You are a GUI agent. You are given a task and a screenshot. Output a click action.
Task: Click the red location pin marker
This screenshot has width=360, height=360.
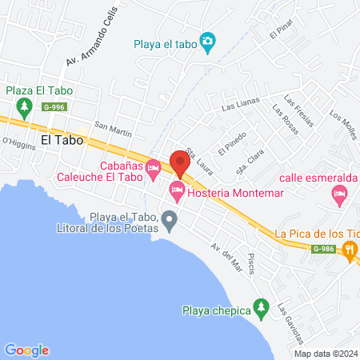coord(178,163)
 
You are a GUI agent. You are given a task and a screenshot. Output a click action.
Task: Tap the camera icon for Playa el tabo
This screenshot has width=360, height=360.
coord(208,41)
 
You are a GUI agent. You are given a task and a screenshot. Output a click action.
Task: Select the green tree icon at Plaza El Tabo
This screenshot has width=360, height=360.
coord(25,106)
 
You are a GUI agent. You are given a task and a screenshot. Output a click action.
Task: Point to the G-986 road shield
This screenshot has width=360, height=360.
coord(323,249)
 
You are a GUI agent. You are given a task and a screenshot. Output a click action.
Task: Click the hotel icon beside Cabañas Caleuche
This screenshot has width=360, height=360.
coord(153,173)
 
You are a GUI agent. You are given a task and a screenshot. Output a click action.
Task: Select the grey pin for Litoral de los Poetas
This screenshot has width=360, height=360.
coord(169,219)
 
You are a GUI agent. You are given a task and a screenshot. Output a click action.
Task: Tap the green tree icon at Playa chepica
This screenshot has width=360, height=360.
coord(259,306)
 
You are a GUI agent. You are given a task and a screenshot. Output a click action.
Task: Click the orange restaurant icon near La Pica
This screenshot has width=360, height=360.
coord(350,250)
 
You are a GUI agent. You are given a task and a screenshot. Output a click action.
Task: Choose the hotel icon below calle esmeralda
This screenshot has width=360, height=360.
coord(340,194)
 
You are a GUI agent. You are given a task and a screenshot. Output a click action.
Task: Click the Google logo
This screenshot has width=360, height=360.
coord(26,350)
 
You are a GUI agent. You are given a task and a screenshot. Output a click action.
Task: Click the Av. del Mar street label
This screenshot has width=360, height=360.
coord(226,255)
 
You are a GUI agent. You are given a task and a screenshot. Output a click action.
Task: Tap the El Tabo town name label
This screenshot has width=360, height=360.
coord(62,138)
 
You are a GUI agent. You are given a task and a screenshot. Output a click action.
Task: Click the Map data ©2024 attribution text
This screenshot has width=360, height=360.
coord(325,354)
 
